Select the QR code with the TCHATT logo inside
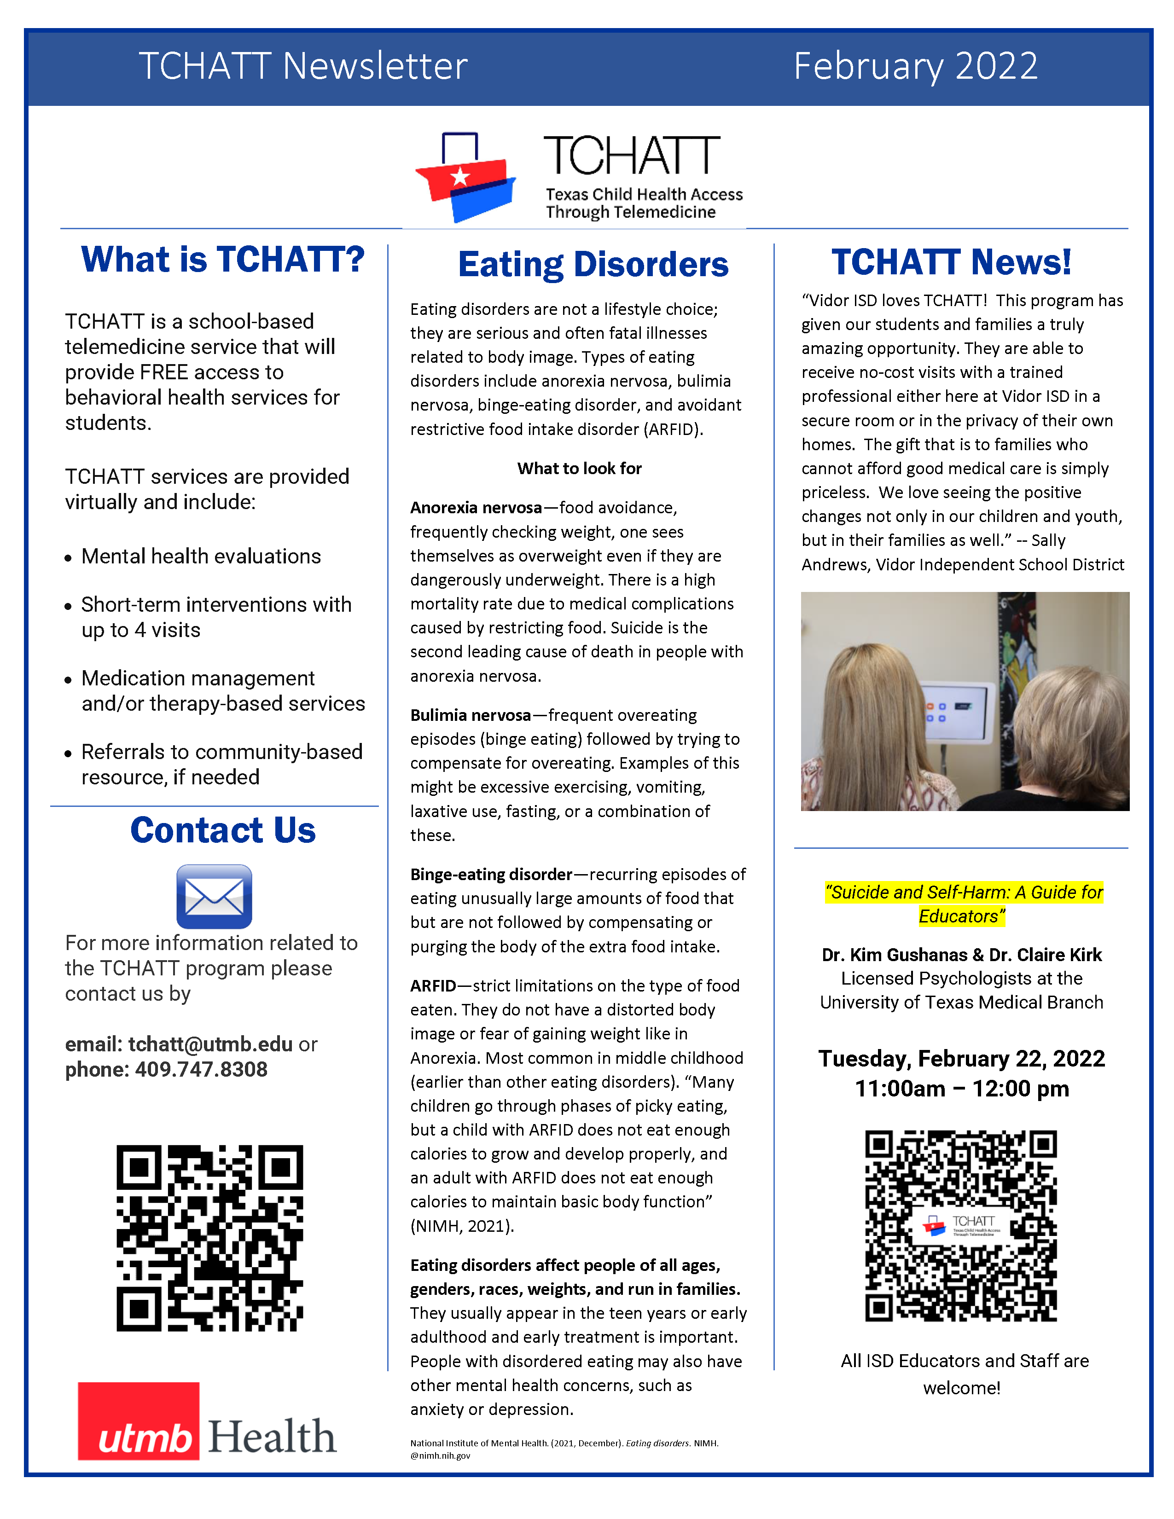coord(960,1225)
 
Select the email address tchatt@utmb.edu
coord(210,1044)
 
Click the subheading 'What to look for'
coord(579,469)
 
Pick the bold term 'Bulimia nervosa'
coord(470,715)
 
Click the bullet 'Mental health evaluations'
coord(201,557)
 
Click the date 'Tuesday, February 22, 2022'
coord(961,1059)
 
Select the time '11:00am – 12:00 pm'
coord(961,1089)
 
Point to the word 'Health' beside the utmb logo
coord(272,1436)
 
